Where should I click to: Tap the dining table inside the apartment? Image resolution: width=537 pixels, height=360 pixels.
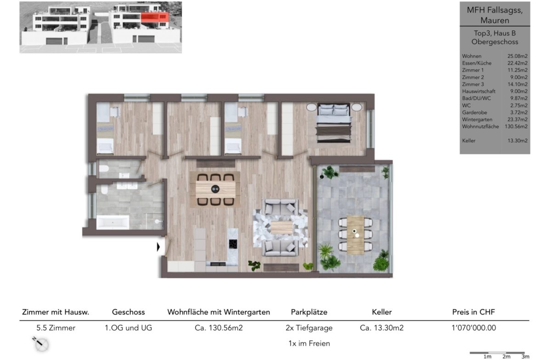pyautogui.click(x=215, y=189)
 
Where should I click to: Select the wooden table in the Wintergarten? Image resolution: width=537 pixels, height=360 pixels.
pyautogui.click(x=355, y=235)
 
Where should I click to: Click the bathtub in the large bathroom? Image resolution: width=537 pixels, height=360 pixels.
pyautogui.click(x=112, y=222)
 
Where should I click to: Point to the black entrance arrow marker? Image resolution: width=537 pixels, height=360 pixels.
pyautogui.click(x=158, y=246)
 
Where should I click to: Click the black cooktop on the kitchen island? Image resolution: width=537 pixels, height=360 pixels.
pyautogui.click(x=233, y=244)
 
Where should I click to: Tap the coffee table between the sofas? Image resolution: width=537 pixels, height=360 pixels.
pyautogui.click(x=281, y=227)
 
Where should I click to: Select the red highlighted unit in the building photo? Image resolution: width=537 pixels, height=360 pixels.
pyautogui.click(x=155, y=17)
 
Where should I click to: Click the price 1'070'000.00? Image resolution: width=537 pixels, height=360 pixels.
pyautogui.click(x=474, y=328)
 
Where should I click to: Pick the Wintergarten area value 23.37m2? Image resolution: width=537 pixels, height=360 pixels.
pyautogui.click(x=517, y=119)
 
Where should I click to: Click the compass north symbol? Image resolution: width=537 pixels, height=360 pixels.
pyautogui.click(x=41, y=343)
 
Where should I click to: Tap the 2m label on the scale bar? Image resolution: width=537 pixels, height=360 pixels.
pyautogui.click(x=506, y=357)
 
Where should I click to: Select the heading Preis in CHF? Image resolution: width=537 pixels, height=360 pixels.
pyautogui.click(x=473, y=312)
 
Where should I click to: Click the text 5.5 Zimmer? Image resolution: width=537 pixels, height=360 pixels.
pyautogui.click(x=56, y=328)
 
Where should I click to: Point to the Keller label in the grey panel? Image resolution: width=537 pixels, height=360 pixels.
pyautogui.click(x=469, y=141)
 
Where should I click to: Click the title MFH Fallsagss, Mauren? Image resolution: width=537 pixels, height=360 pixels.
pyautogui.click(x=494, y=15)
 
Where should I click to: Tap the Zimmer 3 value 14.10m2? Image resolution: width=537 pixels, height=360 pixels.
pyautogui.click(x=517, y=84)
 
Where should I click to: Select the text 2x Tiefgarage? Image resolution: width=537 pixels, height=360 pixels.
pyautogui.click(x=309, y=328)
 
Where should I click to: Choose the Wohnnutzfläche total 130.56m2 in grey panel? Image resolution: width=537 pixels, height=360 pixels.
pyautogui.click(x=516, y=127)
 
